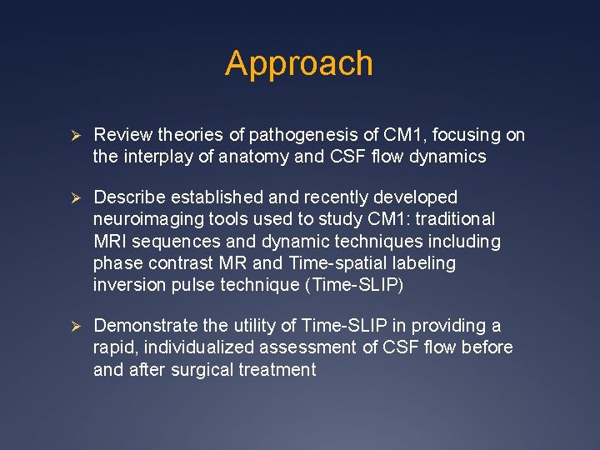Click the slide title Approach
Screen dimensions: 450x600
pos(299,63)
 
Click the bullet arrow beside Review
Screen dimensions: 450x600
pos(73,135)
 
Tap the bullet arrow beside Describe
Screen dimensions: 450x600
pos(73,197)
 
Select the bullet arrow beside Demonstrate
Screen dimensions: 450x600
pos(73,326)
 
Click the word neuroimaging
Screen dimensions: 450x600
pos(143,219)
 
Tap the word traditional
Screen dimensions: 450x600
pos(454,219)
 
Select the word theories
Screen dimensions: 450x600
pos(166,135)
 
